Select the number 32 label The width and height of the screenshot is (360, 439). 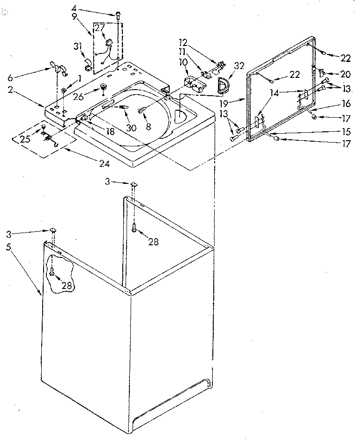coord(239,66)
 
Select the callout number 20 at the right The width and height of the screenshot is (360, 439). coord(345,74)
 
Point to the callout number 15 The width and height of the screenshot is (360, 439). coord(346,133)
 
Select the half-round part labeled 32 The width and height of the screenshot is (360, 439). coord(222,85)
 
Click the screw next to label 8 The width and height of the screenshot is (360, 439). coord(142,110)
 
